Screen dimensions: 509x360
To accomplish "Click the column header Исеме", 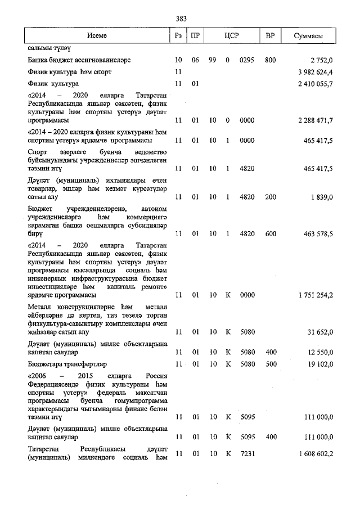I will (97, 35).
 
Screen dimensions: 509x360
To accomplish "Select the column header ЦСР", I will (232, 35).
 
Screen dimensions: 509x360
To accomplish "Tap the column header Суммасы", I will (308, 35).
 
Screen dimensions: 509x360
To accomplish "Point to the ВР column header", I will (270, 35).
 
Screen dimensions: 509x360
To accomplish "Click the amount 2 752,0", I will (322, 60).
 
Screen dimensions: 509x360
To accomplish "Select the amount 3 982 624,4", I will (313, 72).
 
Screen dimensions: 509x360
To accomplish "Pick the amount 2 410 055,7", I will (313, 84).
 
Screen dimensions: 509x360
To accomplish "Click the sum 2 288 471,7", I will (313, 120).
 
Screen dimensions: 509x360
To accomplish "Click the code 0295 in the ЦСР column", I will (247, 60).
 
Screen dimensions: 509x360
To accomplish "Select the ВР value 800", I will (270, 60).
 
